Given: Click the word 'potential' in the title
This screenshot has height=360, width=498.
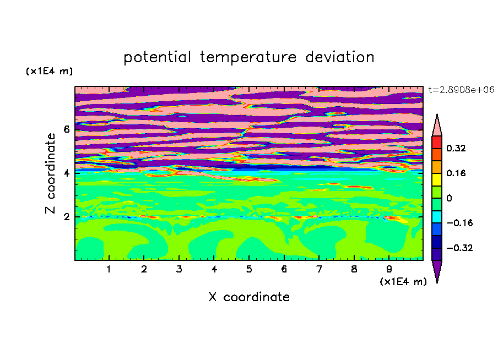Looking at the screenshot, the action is [157, 57].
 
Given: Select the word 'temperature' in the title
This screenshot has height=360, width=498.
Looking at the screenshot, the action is [248, 57].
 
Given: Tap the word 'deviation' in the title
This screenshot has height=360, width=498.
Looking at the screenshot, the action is [340, 57].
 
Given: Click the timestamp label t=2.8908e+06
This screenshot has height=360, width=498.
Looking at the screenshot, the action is [462, 90].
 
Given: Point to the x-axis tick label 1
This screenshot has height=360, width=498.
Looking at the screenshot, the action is [109, 269].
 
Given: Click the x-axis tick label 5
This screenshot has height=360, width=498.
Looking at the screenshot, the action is [249, 269].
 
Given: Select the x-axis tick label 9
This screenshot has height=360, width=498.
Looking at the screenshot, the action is [389, 269].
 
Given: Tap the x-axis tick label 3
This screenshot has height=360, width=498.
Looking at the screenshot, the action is [179, 269].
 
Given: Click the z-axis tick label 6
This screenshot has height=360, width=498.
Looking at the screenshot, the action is [66, 129].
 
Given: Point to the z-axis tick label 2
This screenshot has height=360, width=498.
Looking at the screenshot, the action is [66, 217].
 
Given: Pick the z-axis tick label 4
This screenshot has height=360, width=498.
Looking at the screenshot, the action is [66, 173].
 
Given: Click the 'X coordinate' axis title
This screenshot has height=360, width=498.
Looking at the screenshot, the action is [249, 297].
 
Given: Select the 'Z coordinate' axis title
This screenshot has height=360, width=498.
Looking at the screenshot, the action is [50, 173].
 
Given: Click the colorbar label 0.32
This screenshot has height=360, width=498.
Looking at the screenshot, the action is [456, 148].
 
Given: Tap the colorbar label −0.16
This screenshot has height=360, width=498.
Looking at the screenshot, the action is [459, 223].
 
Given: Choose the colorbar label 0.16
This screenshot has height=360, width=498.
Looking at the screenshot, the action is [456, 173].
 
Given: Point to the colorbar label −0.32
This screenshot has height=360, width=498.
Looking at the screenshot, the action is [459, 248].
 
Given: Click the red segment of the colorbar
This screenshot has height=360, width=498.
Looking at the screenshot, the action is [437, 142].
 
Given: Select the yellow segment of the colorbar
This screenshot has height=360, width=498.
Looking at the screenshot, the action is [437, 179].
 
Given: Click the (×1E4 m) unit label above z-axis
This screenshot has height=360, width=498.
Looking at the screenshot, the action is [50, 71].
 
